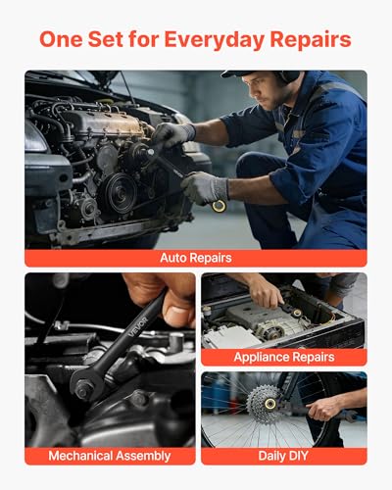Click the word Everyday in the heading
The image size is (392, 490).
pyautogui.click(x=214, y=40)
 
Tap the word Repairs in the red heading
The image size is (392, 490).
pyautogui.click(x=311, y=39)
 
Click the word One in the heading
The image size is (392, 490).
pyautogui.click(x=61, y=39)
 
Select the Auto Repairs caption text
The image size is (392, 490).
pyautogui.click(x=196, y=258)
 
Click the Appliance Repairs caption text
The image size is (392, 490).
pyautogui.click(x=284, y=357)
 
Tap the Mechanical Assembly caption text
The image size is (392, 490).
pyautogui.click(x=110, y=456)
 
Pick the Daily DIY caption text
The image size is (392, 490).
pyautogui.click(x=283, y=456)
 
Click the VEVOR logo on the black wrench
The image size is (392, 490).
pyautogui.click(x=139, y=326)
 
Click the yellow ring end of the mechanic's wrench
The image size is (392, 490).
pyautogui.click(x=219, y=206)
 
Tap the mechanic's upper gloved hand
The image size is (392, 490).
pyautogui.click(x=172, y=134)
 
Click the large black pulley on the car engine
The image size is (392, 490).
pyautogui.click(x=119, y=193)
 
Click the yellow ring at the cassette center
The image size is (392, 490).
pyautogui.click(x=270, y=404)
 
